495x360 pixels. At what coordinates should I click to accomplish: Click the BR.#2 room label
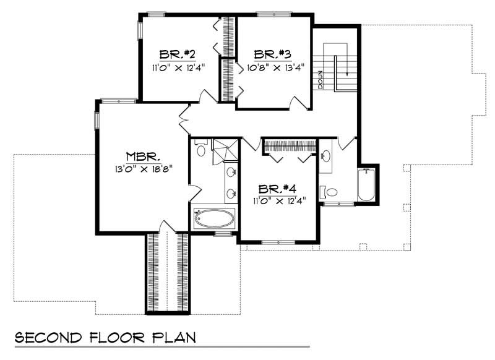pos(176,54)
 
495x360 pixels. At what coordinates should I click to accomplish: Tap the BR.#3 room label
pos(272,54)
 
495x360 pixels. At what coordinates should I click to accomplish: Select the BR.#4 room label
pos(277,189)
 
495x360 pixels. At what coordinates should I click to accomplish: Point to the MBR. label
pos(143,157)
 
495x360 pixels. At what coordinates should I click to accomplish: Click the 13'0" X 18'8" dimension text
pos(144,169)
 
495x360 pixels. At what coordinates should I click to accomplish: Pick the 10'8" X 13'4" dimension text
pos(275,67)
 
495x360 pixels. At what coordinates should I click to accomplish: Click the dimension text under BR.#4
pos(280,200)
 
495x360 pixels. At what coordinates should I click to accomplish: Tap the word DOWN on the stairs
pos(321,79)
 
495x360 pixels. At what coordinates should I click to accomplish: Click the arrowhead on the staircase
pos(347,74)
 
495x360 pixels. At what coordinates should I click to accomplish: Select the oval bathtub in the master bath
pos(214,218)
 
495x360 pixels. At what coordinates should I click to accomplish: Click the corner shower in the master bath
pos(225,150)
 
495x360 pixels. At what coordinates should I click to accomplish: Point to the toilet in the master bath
pos(200,148)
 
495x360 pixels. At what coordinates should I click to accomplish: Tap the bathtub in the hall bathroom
pos(366,184)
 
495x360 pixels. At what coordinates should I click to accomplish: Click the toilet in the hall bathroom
pos(329,192)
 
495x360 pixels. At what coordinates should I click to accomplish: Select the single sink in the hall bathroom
pos(325,155)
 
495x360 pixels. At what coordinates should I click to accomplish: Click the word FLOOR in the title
pos(116,337)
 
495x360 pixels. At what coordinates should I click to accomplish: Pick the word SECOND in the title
pos(48,337)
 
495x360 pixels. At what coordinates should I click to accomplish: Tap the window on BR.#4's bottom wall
pos(278,242)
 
